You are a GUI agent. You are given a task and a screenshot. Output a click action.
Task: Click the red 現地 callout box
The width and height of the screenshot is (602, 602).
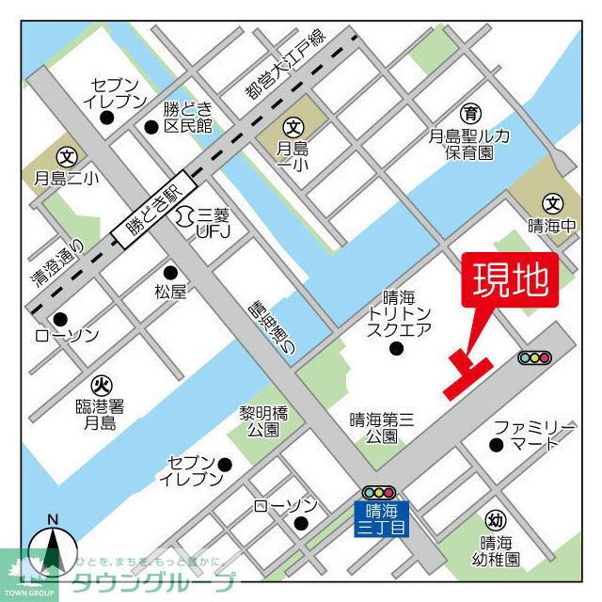[509, 281]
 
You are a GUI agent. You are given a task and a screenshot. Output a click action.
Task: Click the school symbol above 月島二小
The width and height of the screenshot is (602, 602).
[67, 156]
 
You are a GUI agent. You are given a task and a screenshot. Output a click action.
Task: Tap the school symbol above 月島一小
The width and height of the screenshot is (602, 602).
[293, 126]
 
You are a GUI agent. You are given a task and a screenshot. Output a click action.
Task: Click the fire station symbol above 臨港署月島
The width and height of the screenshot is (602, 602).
[101, 385]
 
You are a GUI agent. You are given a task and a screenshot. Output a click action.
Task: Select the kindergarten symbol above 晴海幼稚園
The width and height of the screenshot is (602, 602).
[496, 520]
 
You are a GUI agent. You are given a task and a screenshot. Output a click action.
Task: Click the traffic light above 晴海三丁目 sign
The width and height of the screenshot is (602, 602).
[380, 492]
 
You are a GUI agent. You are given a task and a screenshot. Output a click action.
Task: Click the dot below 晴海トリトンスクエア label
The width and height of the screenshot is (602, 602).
[395, 349]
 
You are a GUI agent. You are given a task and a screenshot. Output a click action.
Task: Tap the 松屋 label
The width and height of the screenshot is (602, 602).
[170, 293]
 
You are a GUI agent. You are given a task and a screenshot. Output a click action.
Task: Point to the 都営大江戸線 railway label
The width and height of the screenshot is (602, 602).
[281, 68]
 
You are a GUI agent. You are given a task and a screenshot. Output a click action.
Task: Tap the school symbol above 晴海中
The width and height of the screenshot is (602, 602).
[552, 202]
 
